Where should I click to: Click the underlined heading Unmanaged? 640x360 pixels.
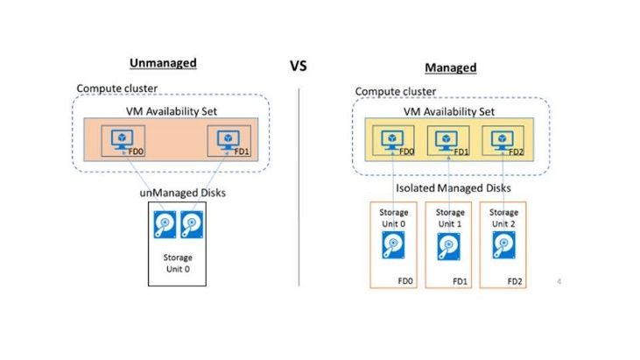(x=163, y=63)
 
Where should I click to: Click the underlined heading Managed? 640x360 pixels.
(x=450, y=67)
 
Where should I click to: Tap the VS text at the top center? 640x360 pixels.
(x=299, y=66)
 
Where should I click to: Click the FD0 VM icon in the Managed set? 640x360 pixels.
(x=386, y=141)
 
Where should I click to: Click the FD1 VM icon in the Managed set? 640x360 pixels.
(x=441, y=141)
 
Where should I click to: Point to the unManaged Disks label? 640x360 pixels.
(x=177, y=193)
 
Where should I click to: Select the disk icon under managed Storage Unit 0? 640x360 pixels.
(x=392, y=248)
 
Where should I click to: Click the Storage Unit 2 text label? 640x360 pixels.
(x=503, y=217)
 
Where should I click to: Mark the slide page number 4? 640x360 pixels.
(x=559, y=281)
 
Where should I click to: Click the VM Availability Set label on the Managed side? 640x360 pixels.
(x=449, y=111)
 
